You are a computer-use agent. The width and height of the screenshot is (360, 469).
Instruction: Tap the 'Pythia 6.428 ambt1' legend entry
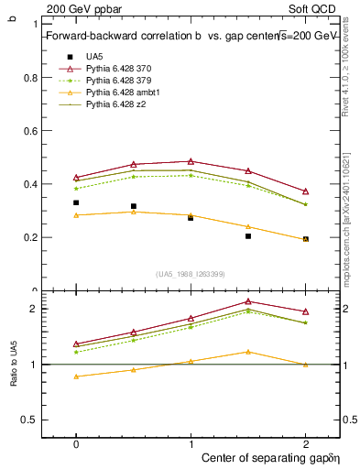coord(124,93)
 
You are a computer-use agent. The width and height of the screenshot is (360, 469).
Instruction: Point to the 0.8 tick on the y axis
coord(31,78)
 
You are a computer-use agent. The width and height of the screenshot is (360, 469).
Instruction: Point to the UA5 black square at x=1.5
coord(248,236)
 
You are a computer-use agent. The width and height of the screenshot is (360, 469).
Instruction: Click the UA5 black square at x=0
coord(76,202)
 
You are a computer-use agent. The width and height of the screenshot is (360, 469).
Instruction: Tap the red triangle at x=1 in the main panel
coord(191,161)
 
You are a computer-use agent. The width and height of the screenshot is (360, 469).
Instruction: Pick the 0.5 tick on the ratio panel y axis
coord(30,420)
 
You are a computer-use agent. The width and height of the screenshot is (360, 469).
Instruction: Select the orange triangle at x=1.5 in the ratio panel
coord(248,352)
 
